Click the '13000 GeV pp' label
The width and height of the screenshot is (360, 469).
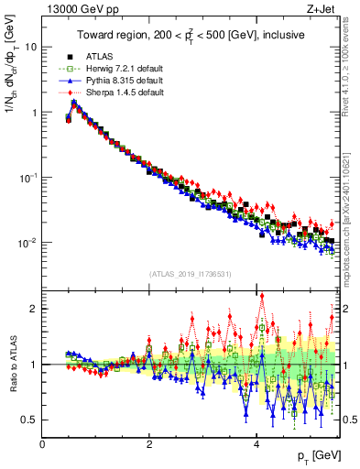pyautogui.click(x=74, y=9)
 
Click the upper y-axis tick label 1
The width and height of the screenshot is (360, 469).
pyautogui.click(x=35, y=113)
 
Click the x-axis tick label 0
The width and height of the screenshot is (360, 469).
pyautogui.click(x=43, y=445)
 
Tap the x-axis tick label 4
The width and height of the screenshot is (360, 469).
pyautogui.click(x=256, y=445)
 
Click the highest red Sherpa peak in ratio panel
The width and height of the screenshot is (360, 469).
pyautogui.click(x=261, y=295)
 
